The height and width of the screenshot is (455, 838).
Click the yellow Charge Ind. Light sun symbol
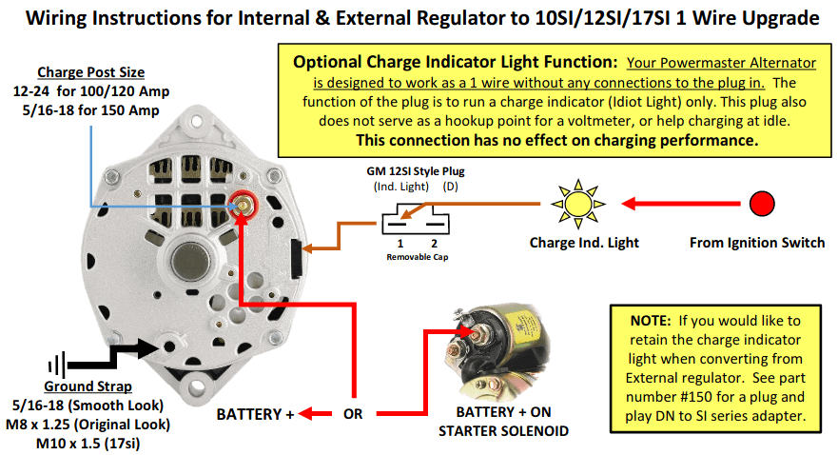pyautogui.click(x=577, y=205)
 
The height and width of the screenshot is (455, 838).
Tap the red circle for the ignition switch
pyautogui.click(x=762, y=204)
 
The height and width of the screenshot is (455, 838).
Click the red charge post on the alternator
pyautogui.click(x=244, y=205)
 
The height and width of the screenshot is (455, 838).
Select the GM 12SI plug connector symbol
pyautogui.click(x=416, y=219)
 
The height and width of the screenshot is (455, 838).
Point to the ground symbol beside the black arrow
pyautogui.click(x=57, y=366)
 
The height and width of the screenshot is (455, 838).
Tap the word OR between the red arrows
pyautogui.click(x=353, y=414)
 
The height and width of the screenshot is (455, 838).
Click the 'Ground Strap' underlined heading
pyautogui.click(x=88, y=386)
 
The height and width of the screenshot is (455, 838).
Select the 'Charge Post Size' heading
pyautogui.click(x=91, y=72)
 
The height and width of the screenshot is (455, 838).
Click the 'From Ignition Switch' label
pyautogui.click(x=757, y=243)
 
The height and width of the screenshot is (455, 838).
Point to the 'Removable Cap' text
pyautogui.click(x=418, y=257)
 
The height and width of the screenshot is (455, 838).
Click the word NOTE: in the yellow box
pyautogui.click(x=651, y=321)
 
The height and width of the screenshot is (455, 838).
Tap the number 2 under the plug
pyautogui.click(x=435, y=244)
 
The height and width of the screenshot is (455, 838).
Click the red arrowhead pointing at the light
pyautogui.click(x=629, y=204)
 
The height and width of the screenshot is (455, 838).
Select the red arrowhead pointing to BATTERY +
pyautogui.click(x=305, y=413)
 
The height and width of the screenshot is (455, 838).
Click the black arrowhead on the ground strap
pyautogui.click(x=149, y=347)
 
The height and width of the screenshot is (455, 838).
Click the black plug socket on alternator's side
pyautogui.click(x=296, y=259)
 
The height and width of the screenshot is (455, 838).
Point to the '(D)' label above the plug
pyautogui.click(x=450, y=187)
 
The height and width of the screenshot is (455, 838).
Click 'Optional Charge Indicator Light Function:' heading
pyautogui.click(x=456, y=62)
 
